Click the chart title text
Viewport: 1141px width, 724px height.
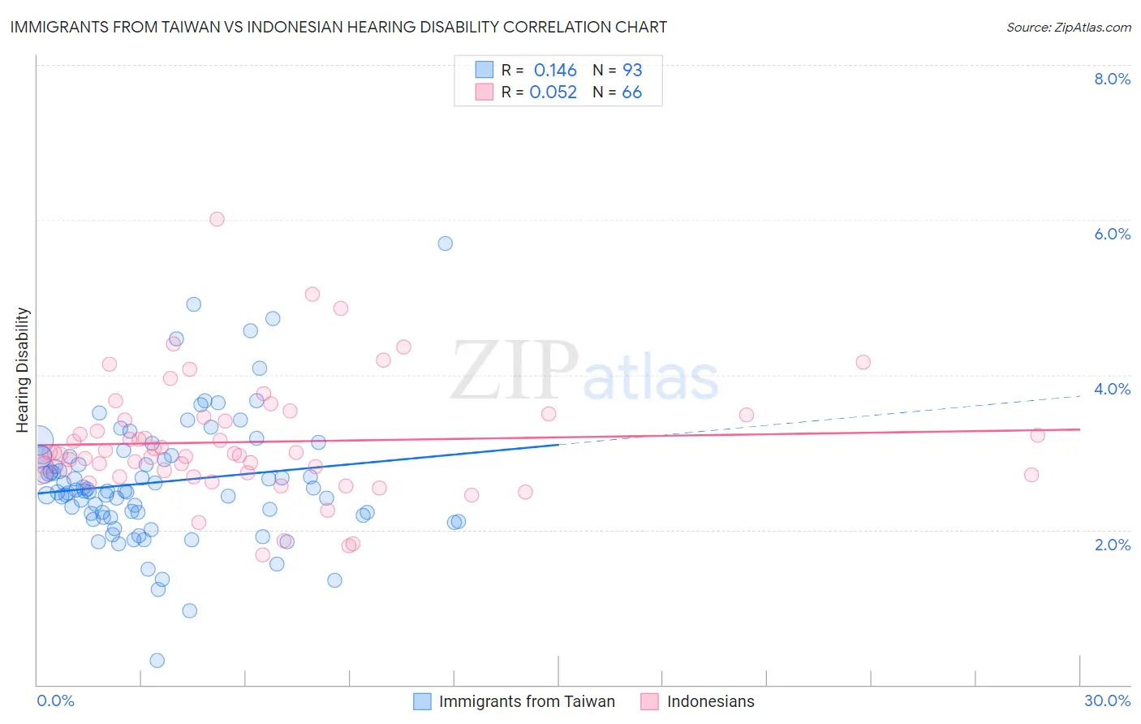pyautogui.click(x=338, y=27)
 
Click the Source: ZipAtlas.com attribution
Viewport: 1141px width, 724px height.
pyautogui.click(x=1068, y=27)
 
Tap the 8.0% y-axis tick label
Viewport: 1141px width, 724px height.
pyautogui.click(x=1112, y=79)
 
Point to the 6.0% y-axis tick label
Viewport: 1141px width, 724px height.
pyautogui.click(x=1112, y=234)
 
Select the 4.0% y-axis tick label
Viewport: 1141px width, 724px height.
pyautogui.click(x=1112, y=389)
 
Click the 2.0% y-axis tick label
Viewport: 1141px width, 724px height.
pyautogui.click(x=1112, y=545)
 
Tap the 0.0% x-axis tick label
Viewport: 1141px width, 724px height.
pyautogui.click(x=55, y=700)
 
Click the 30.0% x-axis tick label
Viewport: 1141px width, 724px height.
pyautogui.click(x=1107, y=700)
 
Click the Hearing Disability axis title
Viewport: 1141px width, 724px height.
pyautogui.click(x=23, y=369)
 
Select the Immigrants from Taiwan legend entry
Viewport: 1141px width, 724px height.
pyautogui.click(x=515, y=701)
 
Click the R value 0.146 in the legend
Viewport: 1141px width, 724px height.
pyautogui.click(x=555, y=71)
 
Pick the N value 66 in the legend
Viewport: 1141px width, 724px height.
pyautogui.click(x=631, y=93)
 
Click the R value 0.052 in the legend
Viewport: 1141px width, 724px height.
pyautogui.click(x=553, y=93)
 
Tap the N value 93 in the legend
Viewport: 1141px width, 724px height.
pyautogui.click(x=631, y=71)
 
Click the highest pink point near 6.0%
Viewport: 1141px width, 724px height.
pyautogui.click(x=217, y=219)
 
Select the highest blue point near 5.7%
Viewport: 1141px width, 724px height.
pyautogui.click(x=445, y=243)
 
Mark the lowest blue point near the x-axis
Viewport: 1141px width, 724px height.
pyautogui.click(x=157, y=661)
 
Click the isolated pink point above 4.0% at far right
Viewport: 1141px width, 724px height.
pyautogui.click(x=863, y=362)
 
